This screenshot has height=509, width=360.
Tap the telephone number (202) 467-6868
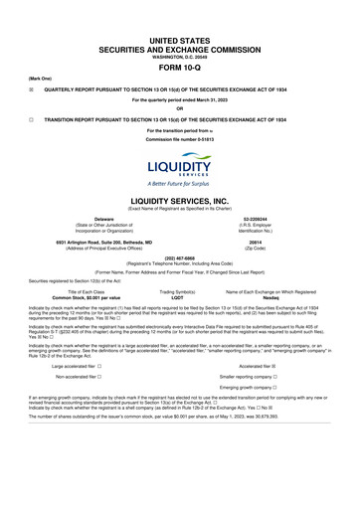180,258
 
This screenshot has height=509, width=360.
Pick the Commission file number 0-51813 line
180,136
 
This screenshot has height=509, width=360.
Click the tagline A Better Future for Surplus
180,182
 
